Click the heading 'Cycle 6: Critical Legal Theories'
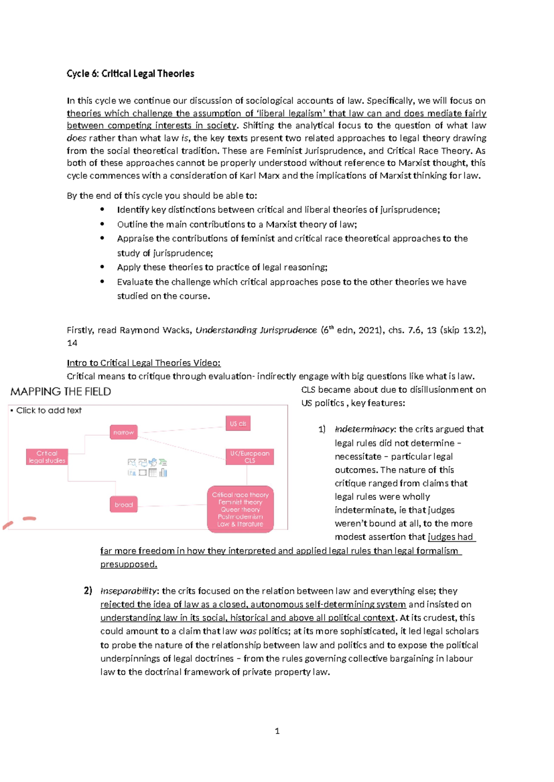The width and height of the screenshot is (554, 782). (x=130, y=74)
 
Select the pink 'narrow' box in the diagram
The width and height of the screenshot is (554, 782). (x=123, y=432)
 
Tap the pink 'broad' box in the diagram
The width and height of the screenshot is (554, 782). (x=123, y=504)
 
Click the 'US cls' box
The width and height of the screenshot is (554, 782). (x=238, y=423)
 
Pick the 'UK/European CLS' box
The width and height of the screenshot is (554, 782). (x=249, y=456)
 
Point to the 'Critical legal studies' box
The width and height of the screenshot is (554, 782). (x=47, y=456)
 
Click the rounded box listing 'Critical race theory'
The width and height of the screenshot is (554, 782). (x=240, y=509)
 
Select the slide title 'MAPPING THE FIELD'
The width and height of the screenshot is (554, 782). (x=60, y=391)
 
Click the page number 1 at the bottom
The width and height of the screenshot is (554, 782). (x=277, y=731)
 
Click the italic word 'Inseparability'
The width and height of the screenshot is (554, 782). (x=129, y=591)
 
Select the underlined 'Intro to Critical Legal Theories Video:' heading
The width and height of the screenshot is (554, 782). (x=144, y=363)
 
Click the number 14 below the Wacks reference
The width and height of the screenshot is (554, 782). (x=72, y=343)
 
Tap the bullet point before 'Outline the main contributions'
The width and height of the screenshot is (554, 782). (x=102, y=224)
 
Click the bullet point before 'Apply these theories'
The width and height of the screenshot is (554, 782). (x=102, y=267)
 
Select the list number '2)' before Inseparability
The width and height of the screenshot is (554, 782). (x=88, y=591)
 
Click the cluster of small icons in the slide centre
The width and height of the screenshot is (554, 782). (x=147, y=468)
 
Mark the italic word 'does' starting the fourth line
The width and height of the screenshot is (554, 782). (x=76, y=138)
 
